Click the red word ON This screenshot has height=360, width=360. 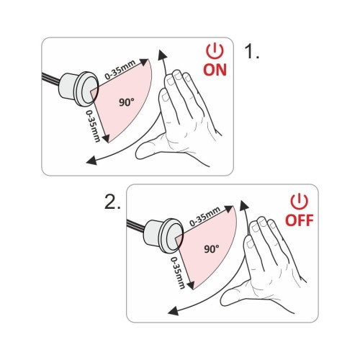tap(215, 70)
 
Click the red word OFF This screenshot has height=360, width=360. tap(300, 220)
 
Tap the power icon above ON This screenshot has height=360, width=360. tap(215, 51)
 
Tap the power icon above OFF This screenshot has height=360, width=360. tap(300, 202)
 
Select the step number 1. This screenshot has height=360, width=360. tap(251, 51)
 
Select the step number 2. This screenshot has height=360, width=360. tap(112, 202)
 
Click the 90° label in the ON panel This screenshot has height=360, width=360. tap(127, 102)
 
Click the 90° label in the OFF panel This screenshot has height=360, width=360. tap(212, 249)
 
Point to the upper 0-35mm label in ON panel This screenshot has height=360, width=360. tap(120, 70)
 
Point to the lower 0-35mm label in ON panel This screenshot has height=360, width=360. tap(93, 126)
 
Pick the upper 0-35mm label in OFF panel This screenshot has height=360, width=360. tap(205, 216)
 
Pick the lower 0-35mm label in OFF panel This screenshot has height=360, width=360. tap(178, 273)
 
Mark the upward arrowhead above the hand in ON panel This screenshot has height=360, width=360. tap(162, 55)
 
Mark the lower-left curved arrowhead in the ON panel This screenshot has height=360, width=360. tap(91, 160)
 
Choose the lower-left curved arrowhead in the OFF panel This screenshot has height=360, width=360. tap(174, 310)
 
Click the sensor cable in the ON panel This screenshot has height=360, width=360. tap(51, 78)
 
